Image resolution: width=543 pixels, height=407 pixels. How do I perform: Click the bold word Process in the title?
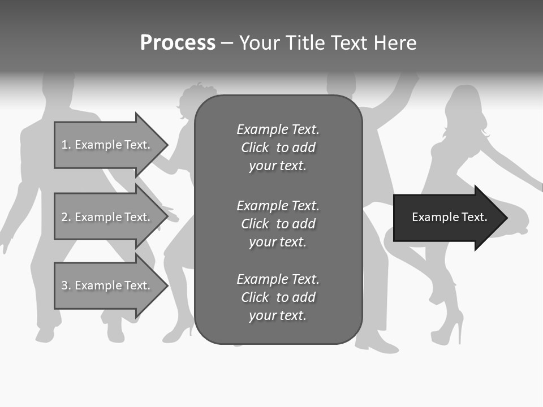(x=178, y=43)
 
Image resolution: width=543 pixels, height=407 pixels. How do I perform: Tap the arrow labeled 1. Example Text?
(x=107, y=145)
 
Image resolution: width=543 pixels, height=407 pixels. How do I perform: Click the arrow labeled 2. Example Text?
(x=107, y=217)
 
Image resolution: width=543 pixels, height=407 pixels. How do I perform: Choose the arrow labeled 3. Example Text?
(x=107, y=285)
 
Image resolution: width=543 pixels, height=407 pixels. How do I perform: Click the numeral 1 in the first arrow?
(x=64, y=145)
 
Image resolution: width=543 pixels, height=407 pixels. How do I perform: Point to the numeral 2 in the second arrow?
(x=64, y=217)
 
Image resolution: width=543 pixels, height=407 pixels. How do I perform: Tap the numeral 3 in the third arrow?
(x=64, y=285)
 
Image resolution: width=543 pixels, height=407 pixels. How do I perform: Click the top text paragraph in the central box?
(x=278, y=148)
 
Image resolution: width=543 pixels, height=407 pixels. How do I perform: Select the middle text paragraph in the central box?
(x=278, y=224)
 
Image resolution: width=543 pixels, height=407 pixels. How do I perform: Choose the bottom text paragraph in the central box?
(x=278, y=297)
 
